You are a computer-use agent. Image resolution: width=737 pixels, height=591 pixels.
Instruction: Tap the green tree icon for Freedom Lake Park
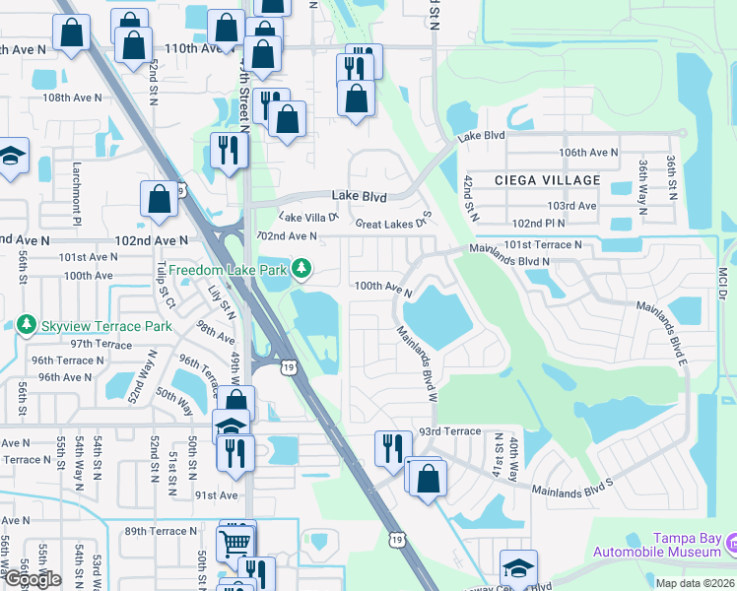[304, 268]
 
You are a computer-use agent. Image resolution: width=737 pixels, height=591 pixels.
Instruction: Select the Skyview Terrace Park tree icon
[26, 325]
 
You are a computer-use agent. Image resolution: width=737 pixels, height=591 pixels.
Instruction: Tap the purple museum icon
[730, 543]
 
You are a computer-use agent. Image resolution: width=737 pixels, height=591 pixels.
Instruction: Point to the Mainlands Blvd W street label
[417, 363]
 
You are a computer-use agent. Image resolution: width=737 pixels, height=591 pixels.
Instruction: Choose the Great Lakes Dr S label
[394, 223]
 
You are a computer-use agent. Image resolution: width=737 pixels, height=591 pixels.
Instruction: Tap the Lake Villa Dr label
[308, 217]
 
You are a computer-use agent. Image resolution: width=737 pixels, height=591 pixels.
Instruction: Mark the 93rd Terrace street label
[449, 431]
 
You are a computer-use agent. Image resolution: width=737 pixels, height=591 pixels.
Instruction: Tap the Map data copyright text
[695, 583]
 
